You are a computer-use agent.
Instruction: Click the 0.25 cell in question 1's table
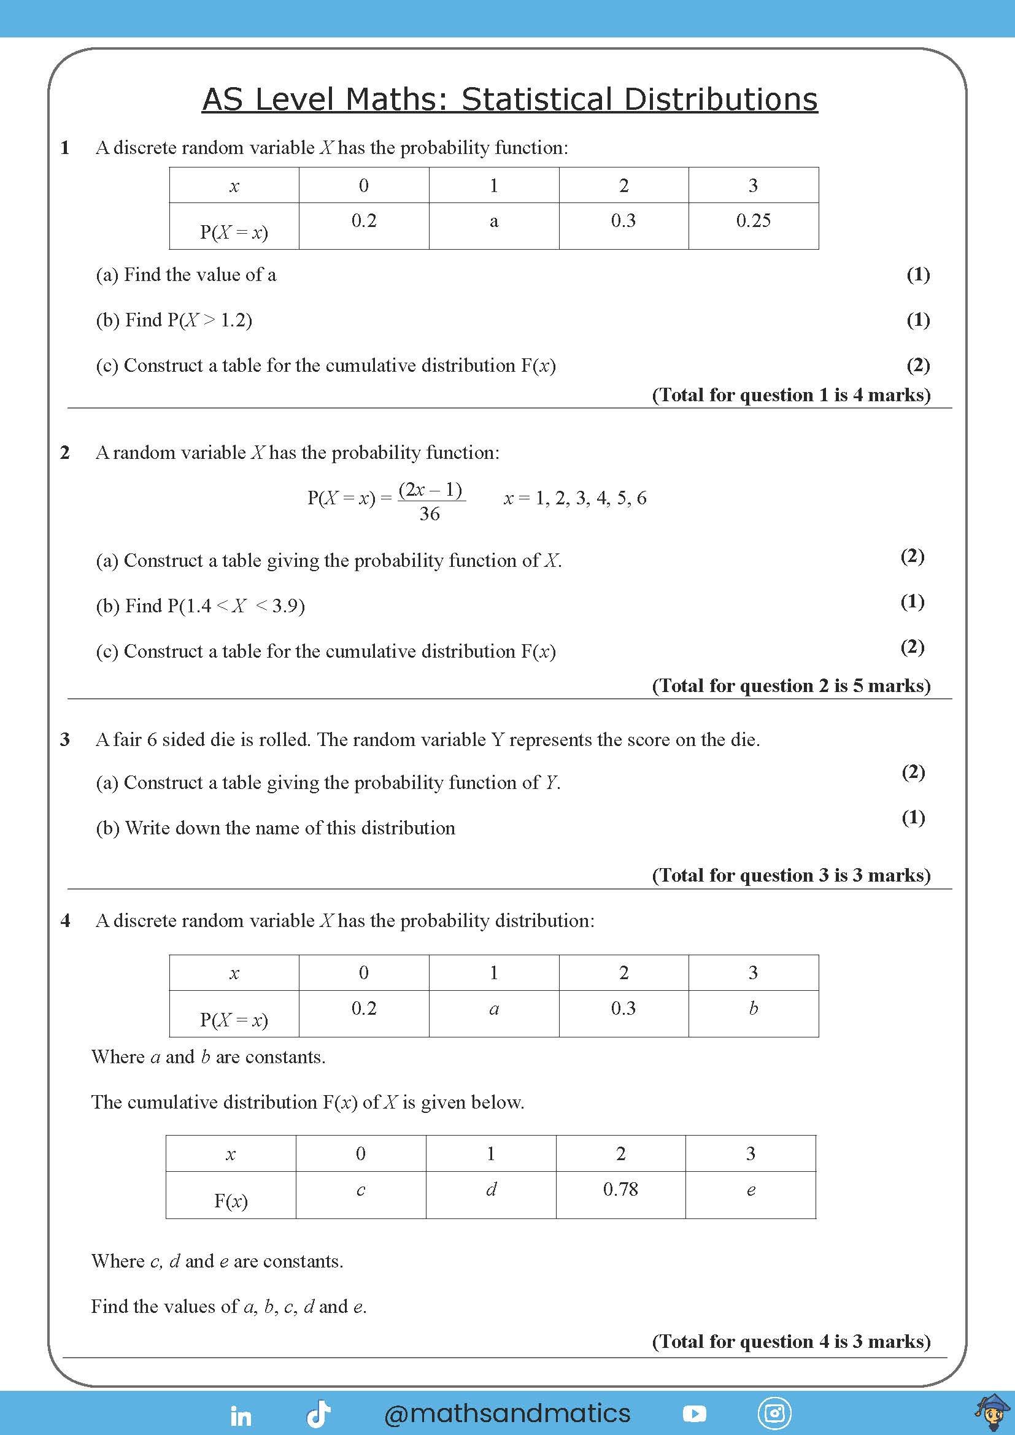pos(753,221)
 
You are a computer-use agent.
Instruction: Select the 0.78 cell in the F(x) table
pos(620,1189)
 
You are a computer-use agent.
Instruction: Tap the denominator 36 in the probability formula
pos(430,514)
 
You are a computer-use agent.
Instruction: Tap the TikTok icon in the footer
pos(318,1414)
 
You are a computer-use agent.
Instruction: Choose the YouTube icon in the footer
pos(695,1414)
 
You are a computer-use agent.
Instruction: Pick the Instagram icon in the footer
pos(774,1414)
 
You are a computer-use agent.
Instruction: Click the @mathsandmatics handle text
pos(507,1413)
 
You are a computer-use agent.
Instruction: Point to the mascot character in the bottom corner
pos(992,1413)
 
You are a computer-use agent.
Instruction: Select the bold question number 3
pos(65,740)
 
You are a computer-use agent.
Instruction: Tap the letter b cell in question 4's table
pos(754,1007)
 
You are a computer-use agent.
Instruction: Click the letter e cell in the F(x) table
pos(751,1190)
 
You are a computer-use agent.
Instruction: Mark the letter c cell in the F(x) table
pos(361,1190)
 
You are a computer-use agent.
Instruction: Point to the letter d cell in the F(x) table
pos(491,1189)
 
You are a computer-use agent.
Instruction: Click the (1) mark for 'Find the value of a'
pos(917,274)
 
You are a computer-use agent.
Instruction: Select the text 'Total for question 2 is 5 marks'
pos(791,686)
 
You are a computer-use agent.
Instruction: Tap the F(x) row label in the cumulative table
pos(231,1200)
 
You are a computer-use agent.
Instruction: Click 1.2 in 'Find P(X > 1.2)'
pos(234,321)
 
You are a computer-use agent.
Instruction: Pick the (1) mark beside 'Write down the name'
pos(913,817)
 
